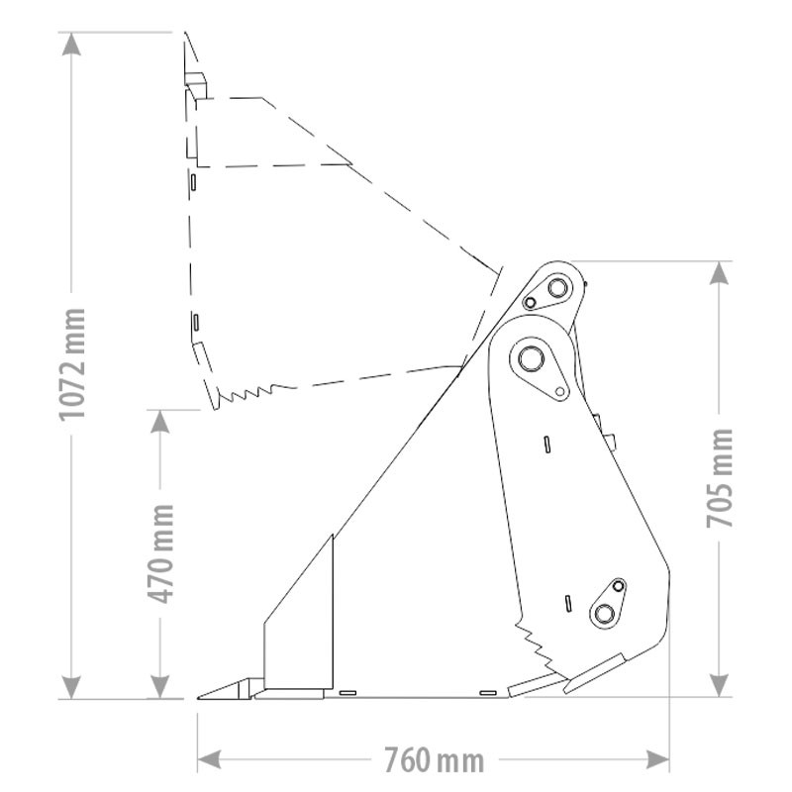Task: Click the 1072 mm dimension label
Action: [x=71, y=363]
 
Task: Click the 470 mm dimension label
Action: [x=160, y=553]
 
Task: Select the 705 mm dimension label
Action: [x=719, y=478]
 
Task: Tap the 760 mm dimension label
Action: [x=434, y=759]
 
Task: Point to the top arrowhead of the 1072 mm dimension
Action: [x=71, y=44]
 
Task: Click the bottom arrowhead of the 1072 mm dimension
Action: [x=71, y=687]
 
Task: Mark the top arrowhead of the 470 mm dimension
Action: [x=160, y=422]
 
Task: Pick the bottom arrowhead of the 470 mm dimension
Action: [x=160, y=687]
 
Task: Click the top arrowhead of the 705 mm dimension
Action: [x=719, y=273]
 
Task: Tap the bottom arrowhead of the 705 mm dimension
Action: [x=719, y=685]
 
